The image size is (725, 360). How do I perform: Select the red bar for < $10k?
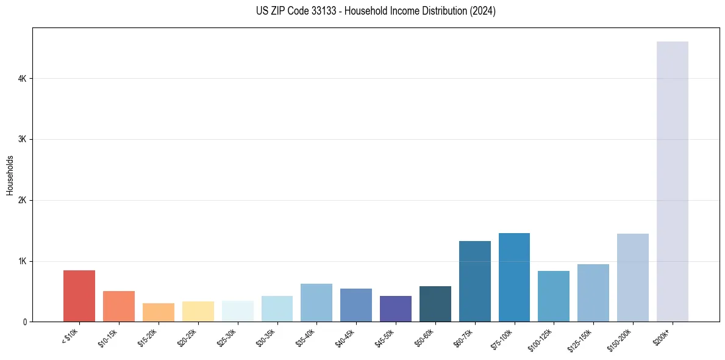(x=79, y=296)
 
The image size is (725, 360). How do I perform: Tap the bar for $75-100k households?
(x=514, y=277)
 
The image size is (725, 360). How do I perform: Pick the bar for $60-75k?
(x=474, y=281)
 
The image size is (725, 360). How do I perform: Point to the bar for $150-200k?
(x=632, y=278)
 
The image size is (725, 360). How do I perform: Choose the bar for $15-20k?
(x=159, y=312)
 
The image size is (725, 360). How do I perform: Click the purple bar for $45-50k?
(x=395, y=309)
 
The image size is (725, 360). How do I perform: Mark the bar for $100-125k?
(x=554, y=296)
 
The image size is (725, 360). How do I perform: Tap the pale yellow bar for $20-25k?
(x=198, y=311)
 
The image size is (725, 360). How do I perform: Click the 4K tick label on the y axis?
(x=22, y=79)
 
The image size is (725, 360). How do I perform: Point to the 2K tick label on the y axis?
(x=22, y=200)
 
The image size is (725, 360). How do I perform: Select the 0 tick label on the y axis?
(x=24, y=322)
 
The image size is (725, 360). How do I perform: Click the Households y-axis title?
(x=10, y=175)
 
